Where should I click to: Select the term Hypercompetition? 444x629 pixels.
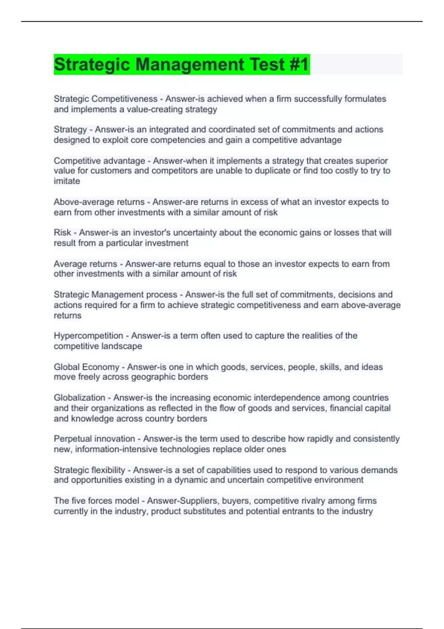[x=88, y=336]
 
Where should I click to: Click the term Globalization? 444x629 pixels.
[x=80, y=398]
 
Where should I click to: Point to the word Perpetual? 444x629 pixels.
[x=73, y=439]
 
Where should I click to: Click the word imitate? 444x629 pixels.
[x=67, y=181]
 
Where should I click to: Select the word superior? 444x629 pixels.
[x=371, y=161]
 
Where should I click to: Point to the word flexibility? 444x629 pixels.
[x=107, y=470]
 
